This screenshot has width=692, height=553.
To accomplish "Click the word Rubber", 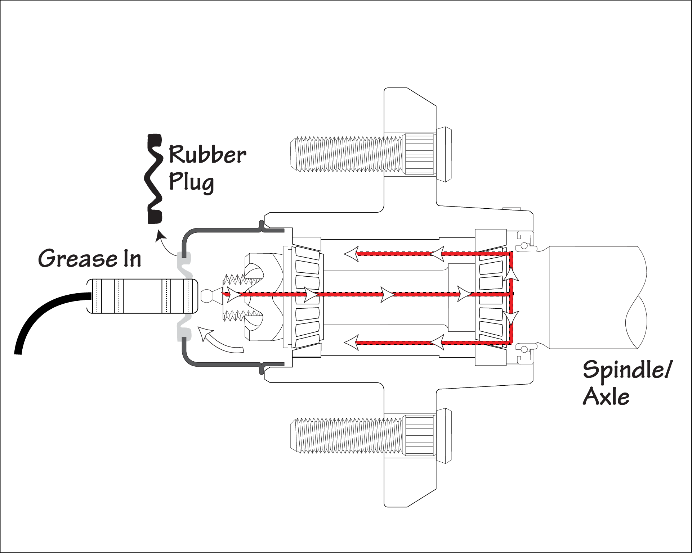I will (x=207, y=155).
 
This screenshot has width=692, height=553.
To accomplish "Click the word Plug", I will (x=191, y=182).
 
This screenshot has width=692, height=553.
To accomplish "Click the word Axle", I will (x=606, y=396).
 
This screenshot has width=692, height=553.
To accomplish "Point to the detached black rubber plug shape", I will (x=154, y=178).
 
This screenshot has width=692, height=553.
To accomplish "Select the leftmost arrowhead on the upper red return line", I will (x=352, y=254).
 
